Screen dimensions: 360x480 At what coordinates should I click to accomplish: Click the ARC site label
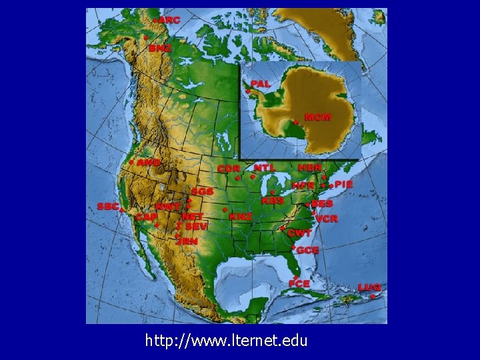(x=169, y=21)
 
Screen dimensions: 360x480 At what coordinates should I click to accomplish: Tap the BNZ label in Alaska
(x=160, y=49)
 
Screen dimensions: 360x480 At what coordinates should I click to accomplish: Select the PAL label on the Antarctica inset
(x=261, y=84)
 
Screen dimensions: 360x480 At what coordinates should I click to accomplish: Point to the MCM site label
(x=318, y=117)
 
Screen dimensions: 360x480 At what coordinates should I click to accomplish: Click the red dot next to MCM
(x=295, y=122)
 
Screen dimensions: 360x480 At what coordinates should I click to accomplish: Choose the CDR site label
(x=229, y=169)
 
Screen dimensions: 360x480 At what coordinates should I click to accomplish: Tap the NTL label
(x=264, y=167)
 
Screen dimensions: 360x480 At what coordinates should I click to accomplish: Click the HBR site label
(x=310, y=167)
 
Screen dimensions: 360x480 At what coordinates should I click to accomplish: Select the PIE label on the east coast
(x=344, y=184)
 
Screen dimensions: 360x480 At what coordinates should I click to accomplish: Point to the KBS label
(x=273, y=200)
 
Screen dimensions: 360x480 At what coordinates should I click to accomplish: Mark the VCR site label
(x=327, y=219)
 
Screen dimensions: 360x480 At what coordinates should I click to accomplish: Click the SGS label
(x=202, y=191)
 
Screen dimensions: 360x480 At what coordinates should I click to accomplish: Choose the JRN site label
(x=187, y=241)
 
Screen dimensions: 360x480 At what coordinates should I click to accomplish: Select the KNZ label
(x=241, y=217)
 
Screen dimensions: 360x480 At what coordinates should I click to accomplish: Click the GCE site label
(x=308, y=250)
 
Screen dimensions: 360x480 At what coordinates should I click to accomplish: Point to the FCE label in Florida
(x=300, y=284)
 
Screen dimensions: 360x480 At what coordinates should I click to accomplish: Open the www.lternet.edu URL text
(x=227, y=341)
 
